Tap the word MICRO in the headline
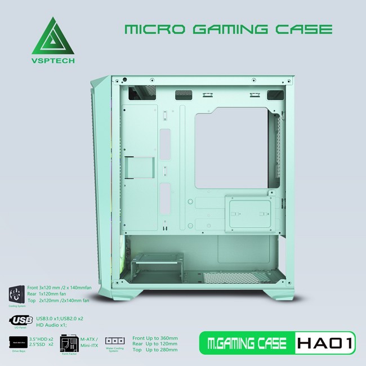pyautogui.click(x=149, y=29)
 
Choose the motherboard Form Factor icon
pyautogui.click(x=69, y=341)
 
